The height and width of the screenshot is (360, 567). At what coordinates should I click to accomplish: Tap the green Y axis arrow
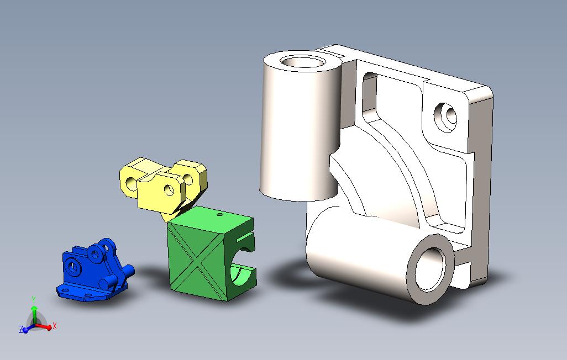click(34, 311)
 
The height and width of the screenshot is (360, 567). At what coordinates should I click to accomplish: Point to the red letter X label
click(55, 326)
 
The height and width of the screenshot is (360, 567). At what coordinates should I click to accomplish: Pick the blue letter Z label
click(20, 330)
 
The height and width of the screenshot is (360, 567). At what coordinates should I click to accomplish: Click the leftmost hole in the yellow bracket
click(130, 183)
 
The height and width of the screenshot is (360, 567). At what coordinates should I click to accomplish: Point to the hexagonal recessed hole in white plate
click(447, 117)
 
